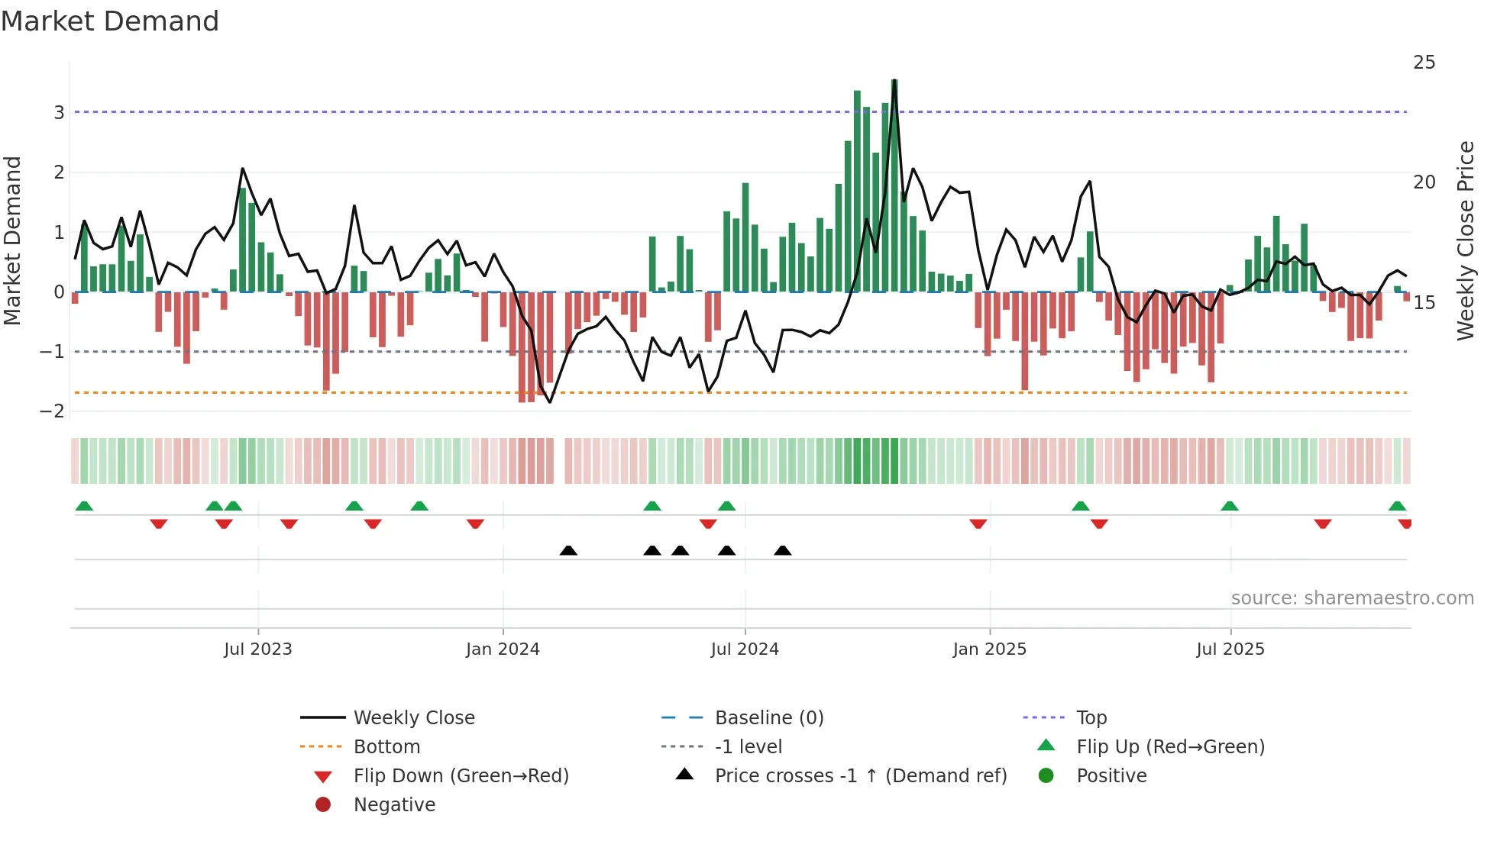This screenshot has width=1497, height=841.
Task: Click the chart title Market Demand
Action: [110, 21]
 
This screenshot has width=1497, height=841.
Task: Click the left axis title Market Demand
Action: [12, 240]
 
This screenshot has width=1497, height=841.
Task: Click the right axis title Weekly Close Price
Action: [1465, 240]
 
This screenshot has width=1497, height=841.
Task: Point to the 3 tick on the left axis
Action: [59, 113]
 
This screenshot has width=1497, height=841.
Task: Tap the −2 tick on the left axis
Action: [53, 411]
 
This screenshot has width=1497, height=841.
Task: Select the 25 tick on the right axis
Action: [1424, 63]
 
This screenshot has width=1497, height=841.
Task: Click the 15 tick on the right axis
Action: [1424, 303]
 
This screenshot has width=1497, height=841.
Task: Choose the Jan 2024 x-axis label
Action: [503, 649]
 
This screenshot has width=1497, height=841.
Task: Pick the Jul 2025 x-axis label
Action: [1230, 649]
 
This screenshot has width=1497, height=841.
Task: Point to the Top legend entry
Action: [1091, 718]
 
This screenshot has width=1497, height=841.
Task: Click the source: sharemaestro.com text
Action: [1352, 598]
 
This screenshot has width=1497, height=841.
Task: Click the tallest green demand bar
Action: [894, 183]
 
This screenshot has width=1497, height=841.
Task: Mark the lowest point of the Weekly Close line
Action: [550, 402]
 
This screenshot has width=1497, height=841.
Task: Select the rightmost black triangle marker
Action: [782, 550]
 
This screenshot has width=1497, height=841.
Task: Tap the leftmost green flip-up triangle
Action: [84, 506]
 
